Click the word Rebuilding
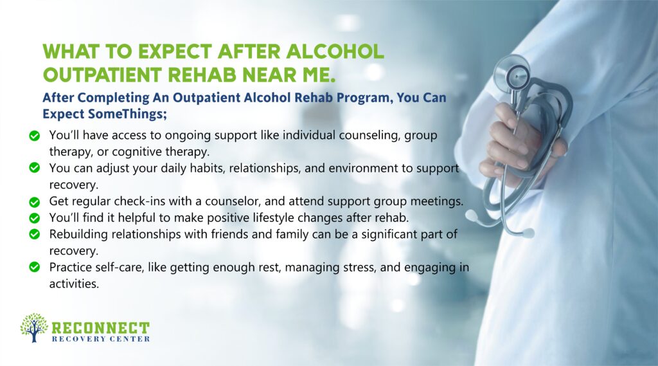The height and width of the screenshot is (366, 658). click(x=78, y=233)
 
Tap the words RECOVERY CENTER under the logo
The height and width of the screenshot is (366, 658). click(x=100, y=339)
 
